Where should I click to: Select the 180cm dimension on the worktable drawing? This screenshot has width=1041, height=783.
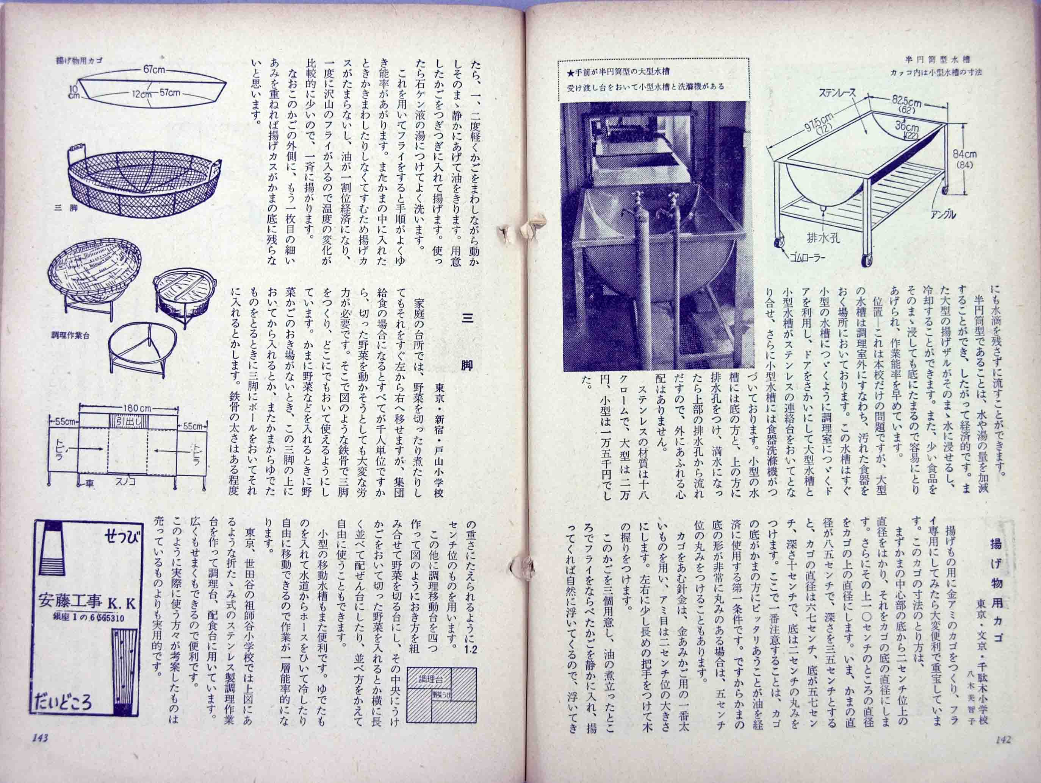click(x=129, y=408)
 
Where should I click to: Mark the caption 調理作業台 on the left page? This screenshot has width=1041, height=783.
click(x=70, y=335)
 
